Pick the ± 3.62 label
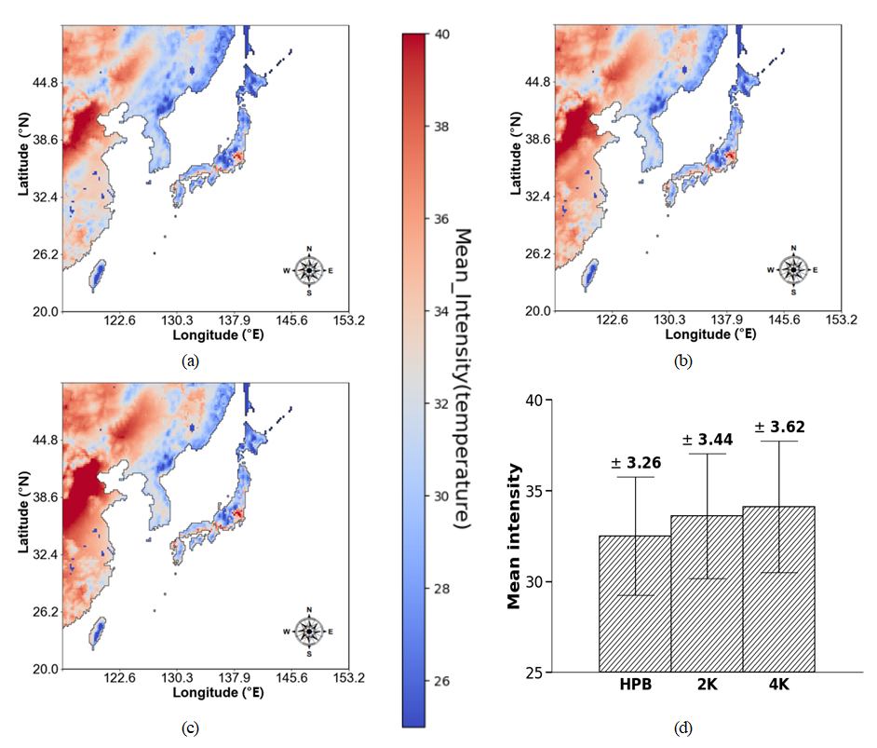tap(779, 428)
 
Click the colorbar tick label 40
tap(442, 34)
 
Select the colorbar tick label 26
tap(442, 681)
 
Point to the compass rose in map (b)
tap(793, 269)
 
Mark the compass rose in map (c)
tap(309, 631)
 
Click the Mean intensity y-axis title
tap(514, 537)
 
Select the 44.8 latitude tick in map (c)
tap(45, 440)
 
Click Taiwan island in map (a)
tap(96, 274)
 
